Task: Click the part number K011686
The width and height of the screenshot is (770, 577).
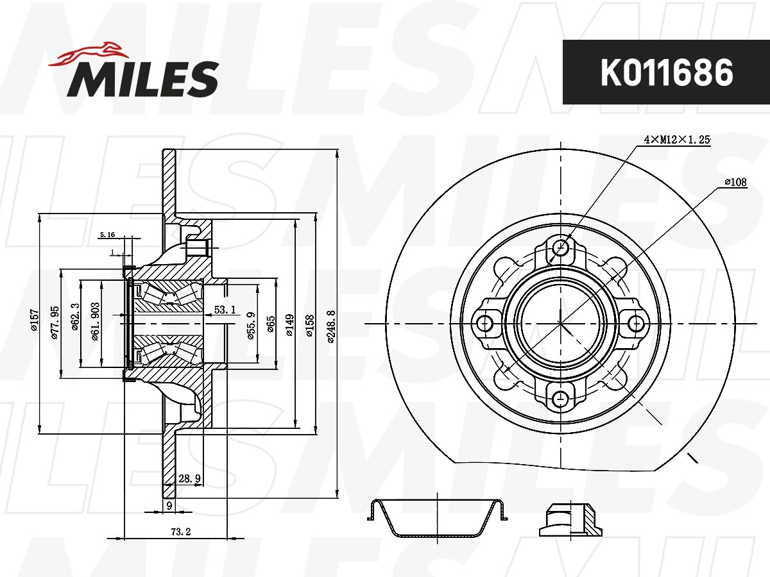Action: [x=666, y=72]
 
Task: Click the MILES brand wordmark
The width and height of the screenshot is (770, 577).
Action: [x=142, y=79]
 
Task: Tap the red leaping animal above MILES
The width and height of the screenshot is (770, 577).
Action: [x=90, y=54]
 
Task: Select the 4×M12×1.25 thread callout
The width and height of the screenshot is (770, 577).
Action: [x=677, y=139]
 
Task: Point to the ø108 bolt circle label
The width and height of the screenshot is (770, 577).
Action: [x=735, y=182]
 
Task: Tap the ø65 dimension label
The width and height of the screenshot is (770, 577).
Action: [x=271, y=324]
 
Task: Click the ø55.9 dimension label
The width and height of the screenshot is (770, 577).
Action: [x=252, y=324]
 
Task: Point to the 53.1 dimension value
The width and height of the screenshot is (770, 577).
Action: [x=225, y=310]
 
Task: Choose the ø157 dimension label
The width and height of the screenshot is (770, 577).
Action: [x=35, y=321]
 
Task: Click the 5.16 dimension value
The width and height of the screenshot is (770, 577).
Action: [x=107, y=236]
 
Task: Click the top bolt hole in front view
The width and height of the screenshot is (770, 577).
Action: [x=561, y=247]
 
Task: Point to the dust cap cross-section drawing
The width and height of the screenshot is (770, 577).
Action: [x=435, y=517]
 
